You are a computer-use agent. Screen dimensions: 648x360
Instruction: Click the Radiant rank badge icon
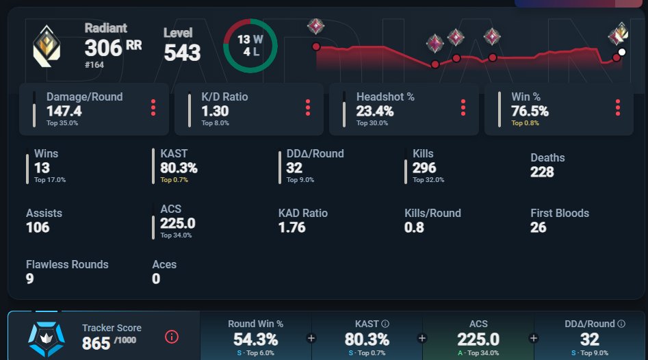point(47,46)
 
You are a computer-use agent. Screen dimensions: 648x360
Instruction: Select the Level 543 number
point(182,53)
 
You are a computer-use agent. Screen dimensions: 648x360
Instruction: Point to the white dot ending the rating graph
point(621,52)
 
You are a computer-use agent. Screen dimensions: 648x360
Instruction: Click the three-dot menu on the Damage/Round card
point(153,107)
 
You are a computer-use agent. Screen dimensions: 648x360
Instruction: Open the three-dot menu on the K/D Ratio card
point(307,107)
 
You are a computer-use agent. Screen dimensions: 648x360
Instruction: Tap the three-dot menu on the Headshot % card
point(463,107)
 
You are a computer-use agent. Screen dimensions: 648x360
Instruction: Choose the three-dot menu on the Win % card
point(617,107)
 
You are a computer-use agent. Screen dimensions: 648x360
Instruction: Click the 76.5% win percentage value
point(530,111)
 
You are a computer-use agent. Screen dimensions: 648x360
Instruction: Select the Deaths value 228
point(542,172)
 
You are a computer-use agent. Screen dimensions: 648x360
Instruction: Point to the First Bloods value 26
point(539,227)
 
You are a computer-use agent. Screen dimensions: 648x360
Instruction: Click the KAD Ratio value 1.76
point(291,227)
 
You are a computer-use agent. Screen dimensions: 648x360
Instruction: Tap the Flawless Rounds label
point(67,264)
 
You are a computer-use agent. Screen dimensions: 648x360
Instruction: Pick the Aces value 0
point(156,279)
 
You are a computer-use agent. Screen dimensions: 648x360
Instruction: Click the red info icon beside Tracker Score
point(172,337)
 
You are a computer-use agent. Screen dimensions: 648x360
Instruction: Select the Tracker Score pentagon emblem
point(47,339)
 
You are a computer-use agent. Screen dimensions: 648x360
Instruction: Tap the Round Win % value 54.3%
point(255,339)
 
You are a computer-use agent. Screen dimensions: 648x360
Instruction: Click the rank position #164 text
point(94,65)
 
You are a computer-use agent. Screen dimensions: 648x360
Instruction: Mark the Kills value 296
point(424,168)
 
